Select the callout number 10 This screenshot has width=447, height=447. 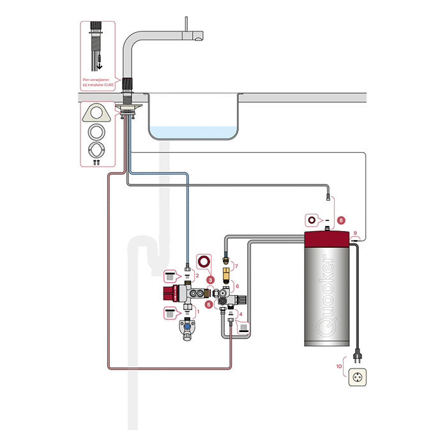click(340, 366)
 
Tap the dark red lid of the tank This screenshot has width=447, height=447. click(327, 240)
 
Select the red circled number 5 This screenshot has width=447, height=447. click(210, 305)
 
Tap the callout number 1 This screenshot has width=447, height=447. click(198, 312)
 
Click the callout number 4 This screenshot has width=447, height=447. click(240, 314)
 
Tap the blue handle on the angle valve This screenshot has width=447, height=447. click(186, 322)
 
